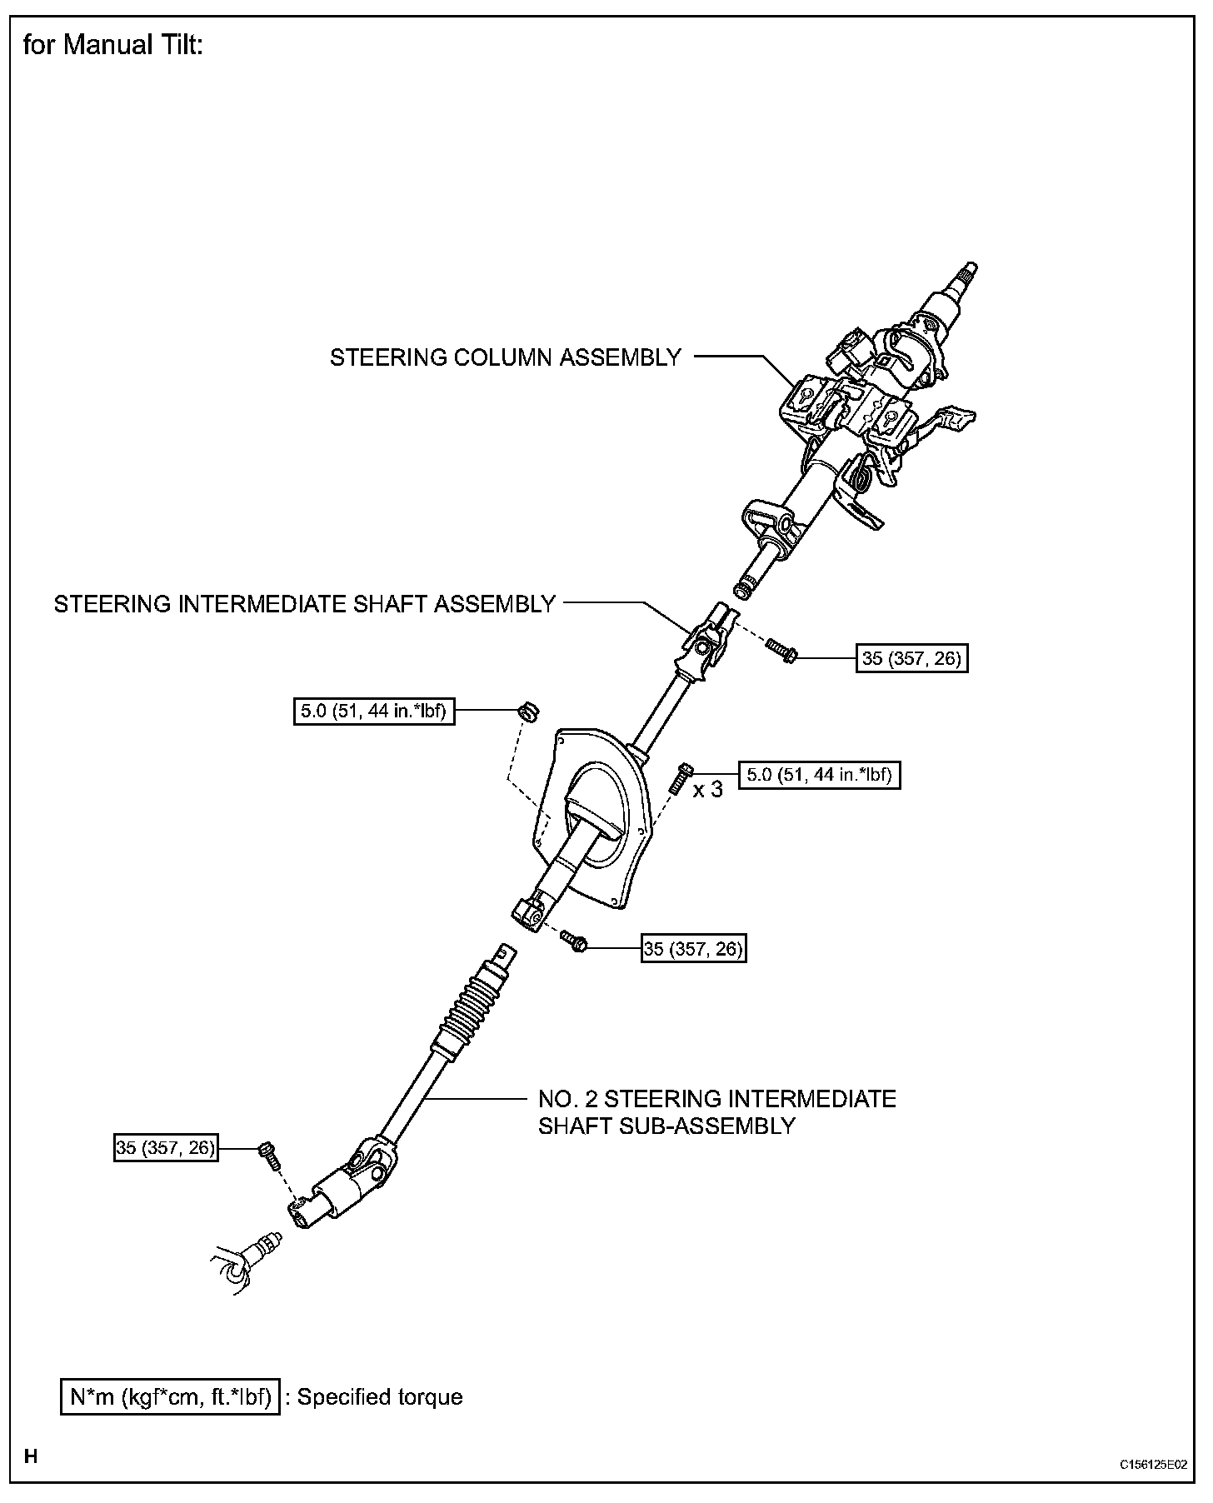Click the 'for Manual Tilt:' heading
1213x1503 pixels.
click(x=112, y=46)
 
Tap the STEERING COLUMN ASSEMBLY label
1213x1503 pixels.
click(x=505, y=357)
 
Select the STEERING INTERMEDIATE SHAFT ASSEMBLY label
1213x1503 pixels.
click(x=304, y=604)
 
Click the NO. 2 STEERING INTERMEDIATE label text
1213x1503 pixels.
click(x=716, y=1099)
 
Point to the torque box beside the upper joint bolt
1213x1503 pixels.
click(x=911, y=659)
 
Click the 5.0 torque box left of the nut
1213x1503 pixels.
click(x=374, y=712)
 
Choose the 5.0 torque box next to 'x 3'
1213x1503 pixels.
click(x=820, y=775)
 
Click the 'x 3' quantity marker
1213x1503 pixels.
click(x=708, y=789)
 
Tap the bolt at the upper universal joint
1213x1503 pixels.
click(x=782, y=651)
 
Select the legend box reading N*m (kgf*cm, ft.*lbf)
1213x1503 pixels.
click(x=170, y=1397)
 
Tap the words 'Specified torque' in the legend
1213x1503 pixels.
click(x=380, y=1397)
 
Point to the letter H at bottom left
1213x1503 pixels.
click(x=31, y=1457)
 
